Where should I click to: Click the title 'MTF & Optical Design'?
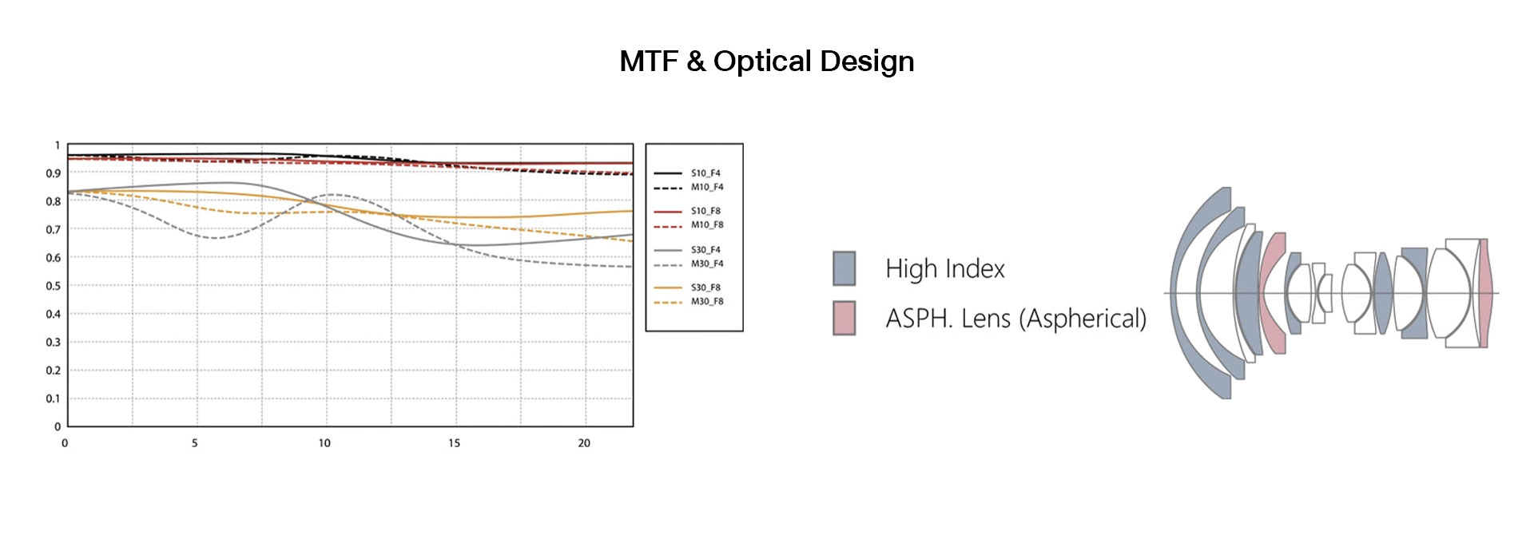coord(767,61)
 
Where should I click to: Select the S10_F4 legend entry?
coord(688,173)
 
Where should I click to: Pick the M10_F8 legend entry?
coord(688,225)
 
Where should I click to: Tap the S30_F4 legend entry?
coord(688,250)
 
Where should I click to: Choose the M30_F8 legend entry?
coord(688,302)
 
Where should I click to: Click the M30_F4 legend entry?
coord(688,264)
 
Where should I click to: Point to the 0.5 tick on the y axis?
coord(53,286)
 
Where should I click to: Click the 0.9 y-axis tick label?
coord(53,173)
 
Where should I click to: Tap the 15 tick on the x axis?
coord(454,443)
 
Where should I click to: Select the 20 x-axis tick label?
coord(584,443)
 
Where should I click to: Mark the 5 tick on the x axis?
coord(194,443)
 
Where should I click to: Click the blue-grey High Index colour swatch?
coord(844,268)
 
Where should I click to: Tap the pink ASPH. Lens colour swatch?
coord(844,318)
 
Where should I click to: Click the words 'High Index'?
coord(945,268)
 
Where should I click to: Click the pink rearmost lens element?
coord(1484,293)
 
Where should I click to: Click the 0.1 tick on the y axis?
coord(53,398)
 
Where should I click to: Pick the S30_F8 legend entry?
coord(688,287)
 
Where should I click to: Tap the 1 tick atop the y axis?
coord(57,145)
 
